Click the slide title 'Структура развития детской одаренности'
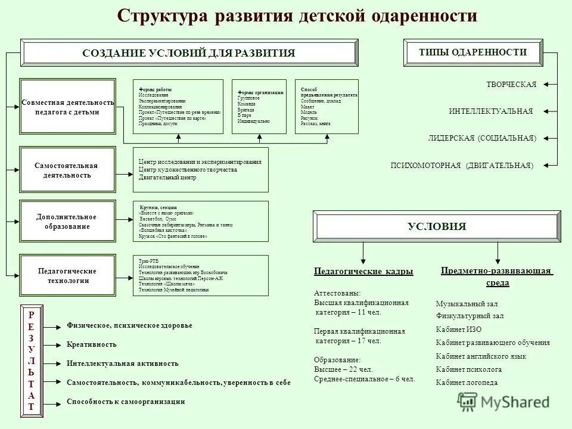click(297, 16)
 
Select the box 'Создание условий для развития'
click(189, 53)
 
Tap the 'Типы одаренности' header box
click(472, 52)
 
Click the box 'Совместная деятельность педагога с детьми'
click(67, 107)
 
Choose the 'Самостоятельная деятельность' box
click(67, 170)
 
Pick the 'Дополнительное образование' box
click(67, 222)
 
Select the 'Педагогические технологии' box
click(67, 275)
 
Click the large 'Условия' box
click(437, 226)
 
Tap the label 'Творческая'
click(511, 85)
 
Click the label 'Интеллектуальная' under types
click(490, 111)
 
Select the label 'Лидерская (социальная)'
click(481, 138)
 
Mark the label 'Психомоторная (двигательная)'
click(462, 165)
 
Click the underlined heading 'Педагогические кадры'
click(363, 272)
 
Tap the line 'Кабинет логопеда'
click(467, 382)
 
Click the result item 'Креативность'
click(92, 344)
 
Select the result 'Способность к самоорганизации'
click(126, 402)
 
